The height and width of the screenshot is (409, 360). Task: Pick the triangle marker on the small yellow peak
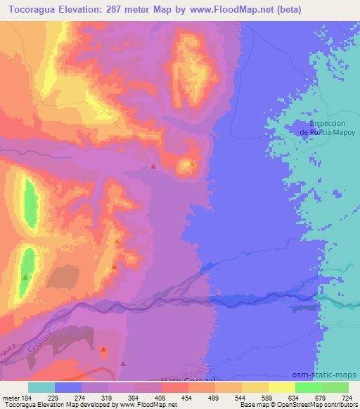pos(192,164)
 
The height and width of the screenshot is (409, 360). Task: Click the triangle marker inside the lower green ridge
pos(25,278)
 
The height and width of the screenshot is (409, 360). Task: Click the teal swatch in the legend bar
pos(41,387)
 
